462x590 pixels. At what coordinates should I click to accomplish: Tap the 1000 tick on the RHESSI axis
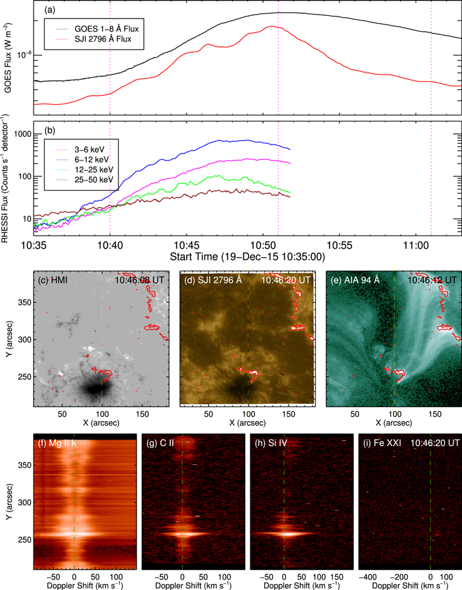click(x=21, y=134)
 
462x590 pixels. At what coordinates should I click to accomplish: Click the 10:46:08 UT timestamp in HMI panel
click(x=140, y=280)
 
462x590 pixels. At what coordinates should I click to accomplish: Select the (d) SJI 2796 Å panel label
click(x=209, y=280)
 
